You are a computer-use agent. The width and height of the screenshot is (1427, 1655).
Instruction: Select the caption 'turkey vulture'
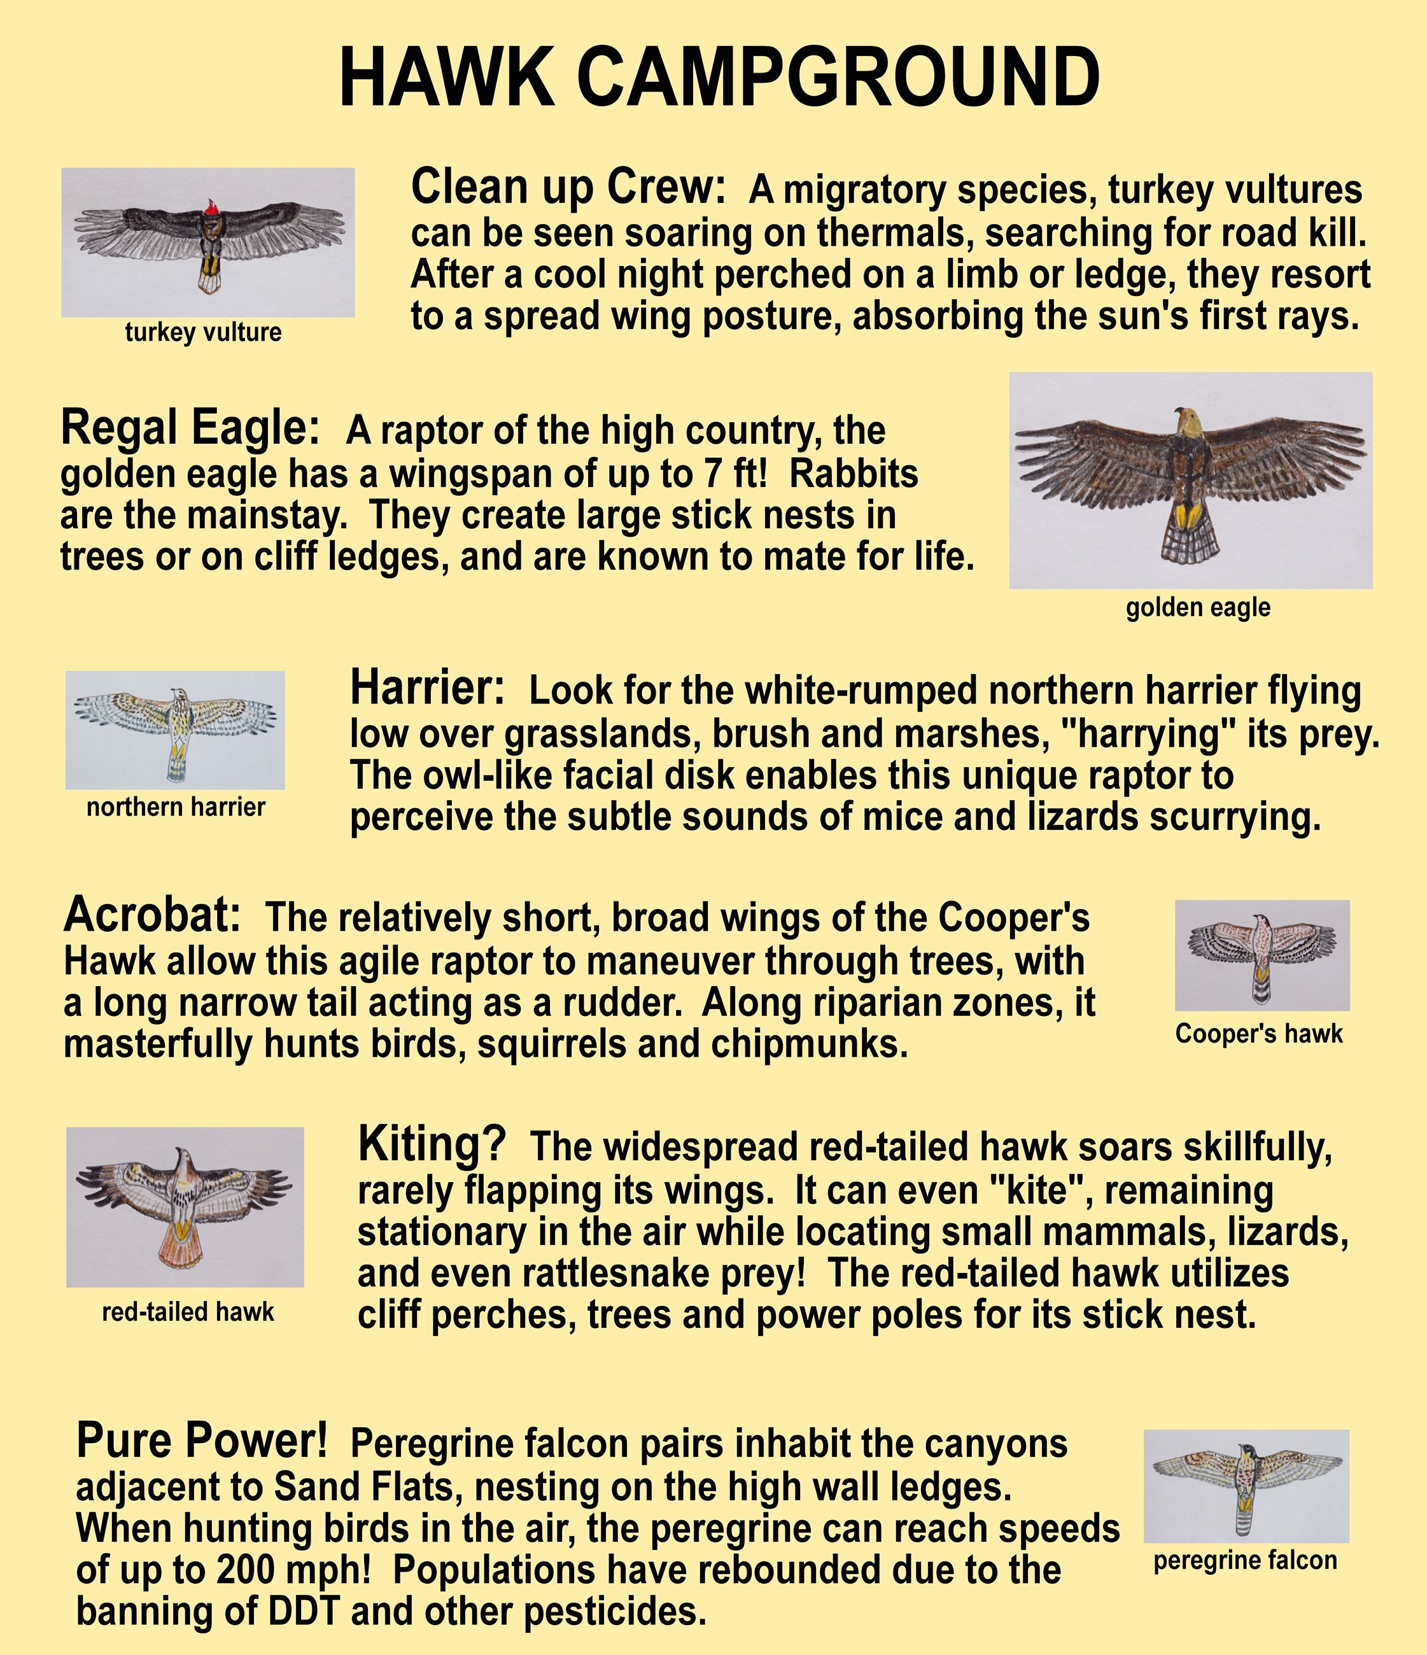click(204, 332)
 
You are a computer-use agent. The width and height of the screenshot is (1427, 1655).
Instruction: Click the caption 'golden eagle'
click(1198, 608)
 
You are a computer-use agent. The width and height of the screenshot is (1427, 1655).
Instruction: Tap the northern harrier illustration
click(175, 730)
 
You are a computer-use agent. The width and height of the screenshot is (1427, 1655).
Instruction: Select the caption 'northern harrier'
click(176, 808)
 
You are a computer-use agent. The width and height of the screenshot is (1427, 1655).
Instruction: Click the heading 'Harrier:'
click(427, 687)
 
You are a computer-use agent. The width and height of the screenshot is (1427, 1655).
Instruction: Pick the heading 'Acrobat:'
click(151, 915)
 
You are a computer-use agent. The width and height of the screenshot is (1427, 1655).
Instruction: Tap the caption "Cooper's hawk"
click(1260, 1034)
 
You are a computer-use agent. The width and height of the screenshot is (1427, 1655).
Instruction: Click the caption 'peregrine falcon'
click(1245, 1561)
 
